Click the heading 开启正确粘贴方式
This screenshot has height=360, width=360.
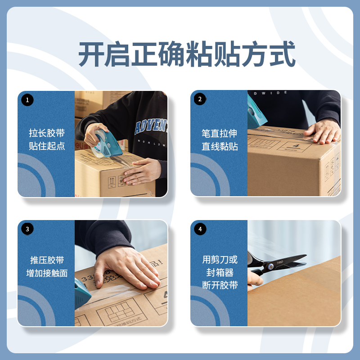coord(187,54)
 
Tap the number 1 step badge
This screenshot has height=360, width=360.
coord(27,100)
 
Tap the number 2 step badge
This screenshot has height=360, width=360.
coord(200,99)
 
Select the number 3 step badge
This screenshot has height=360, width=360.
coord(27,229)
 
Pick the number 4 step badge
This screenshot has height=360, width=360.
coord(200,229)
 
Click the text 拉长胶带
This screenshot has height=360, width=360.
coord(47,133)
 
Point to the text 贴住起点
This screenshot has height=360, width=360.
coord(47,146)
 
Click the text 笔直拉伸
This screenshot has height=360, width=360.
coord(220,133)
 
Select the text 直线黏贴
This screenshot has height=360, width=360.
coord(220,146)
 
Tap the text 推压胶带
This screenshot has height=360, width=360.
coord(47,260)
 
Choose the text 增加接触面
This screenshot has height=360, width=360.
coord(47,273)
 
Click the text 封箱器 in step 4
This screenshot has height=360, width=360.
coord(220,272)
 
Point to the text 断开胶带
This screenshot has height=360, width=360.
coord(220,285)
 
